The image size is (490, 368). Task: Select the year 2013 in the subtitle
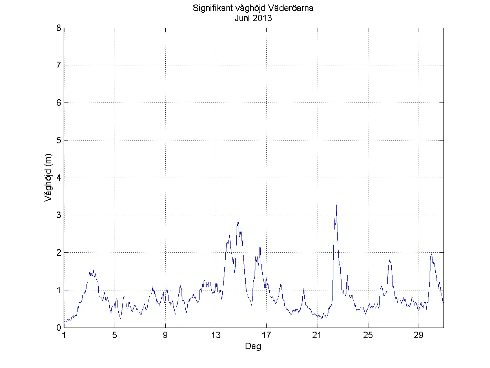(263, 18)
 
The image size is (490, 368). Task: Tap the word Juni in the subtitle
(243, 18)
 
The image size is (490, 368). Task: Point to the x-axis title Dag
(253, 347)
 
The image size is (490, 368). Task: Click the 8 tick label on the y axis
(59, 28)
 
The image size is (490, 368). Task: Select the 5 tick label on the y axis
(59, 141)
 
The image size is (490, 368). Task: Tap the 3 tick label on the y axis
(59, 215)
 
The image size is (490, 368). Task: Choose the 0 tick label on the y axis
(59, 328)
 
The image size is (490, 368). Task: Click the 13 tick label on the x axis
(216, 336)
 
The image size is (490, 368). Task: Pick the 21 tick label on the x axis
(317, 336)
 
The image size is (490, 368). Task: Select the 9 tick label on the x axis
(165, 336)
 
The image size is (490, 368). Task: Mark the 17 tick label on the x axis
(266, 336)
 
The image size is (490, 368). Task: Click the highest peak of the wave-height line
(336, 205)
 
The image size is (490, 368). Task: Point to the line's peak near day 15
(237, 222)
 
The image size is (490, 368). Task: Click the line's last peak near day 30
(431, 254)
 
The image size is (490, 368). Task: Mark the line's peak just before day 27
(390, 260)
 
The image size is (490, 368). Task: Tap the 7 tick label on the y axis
(59, 65)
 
